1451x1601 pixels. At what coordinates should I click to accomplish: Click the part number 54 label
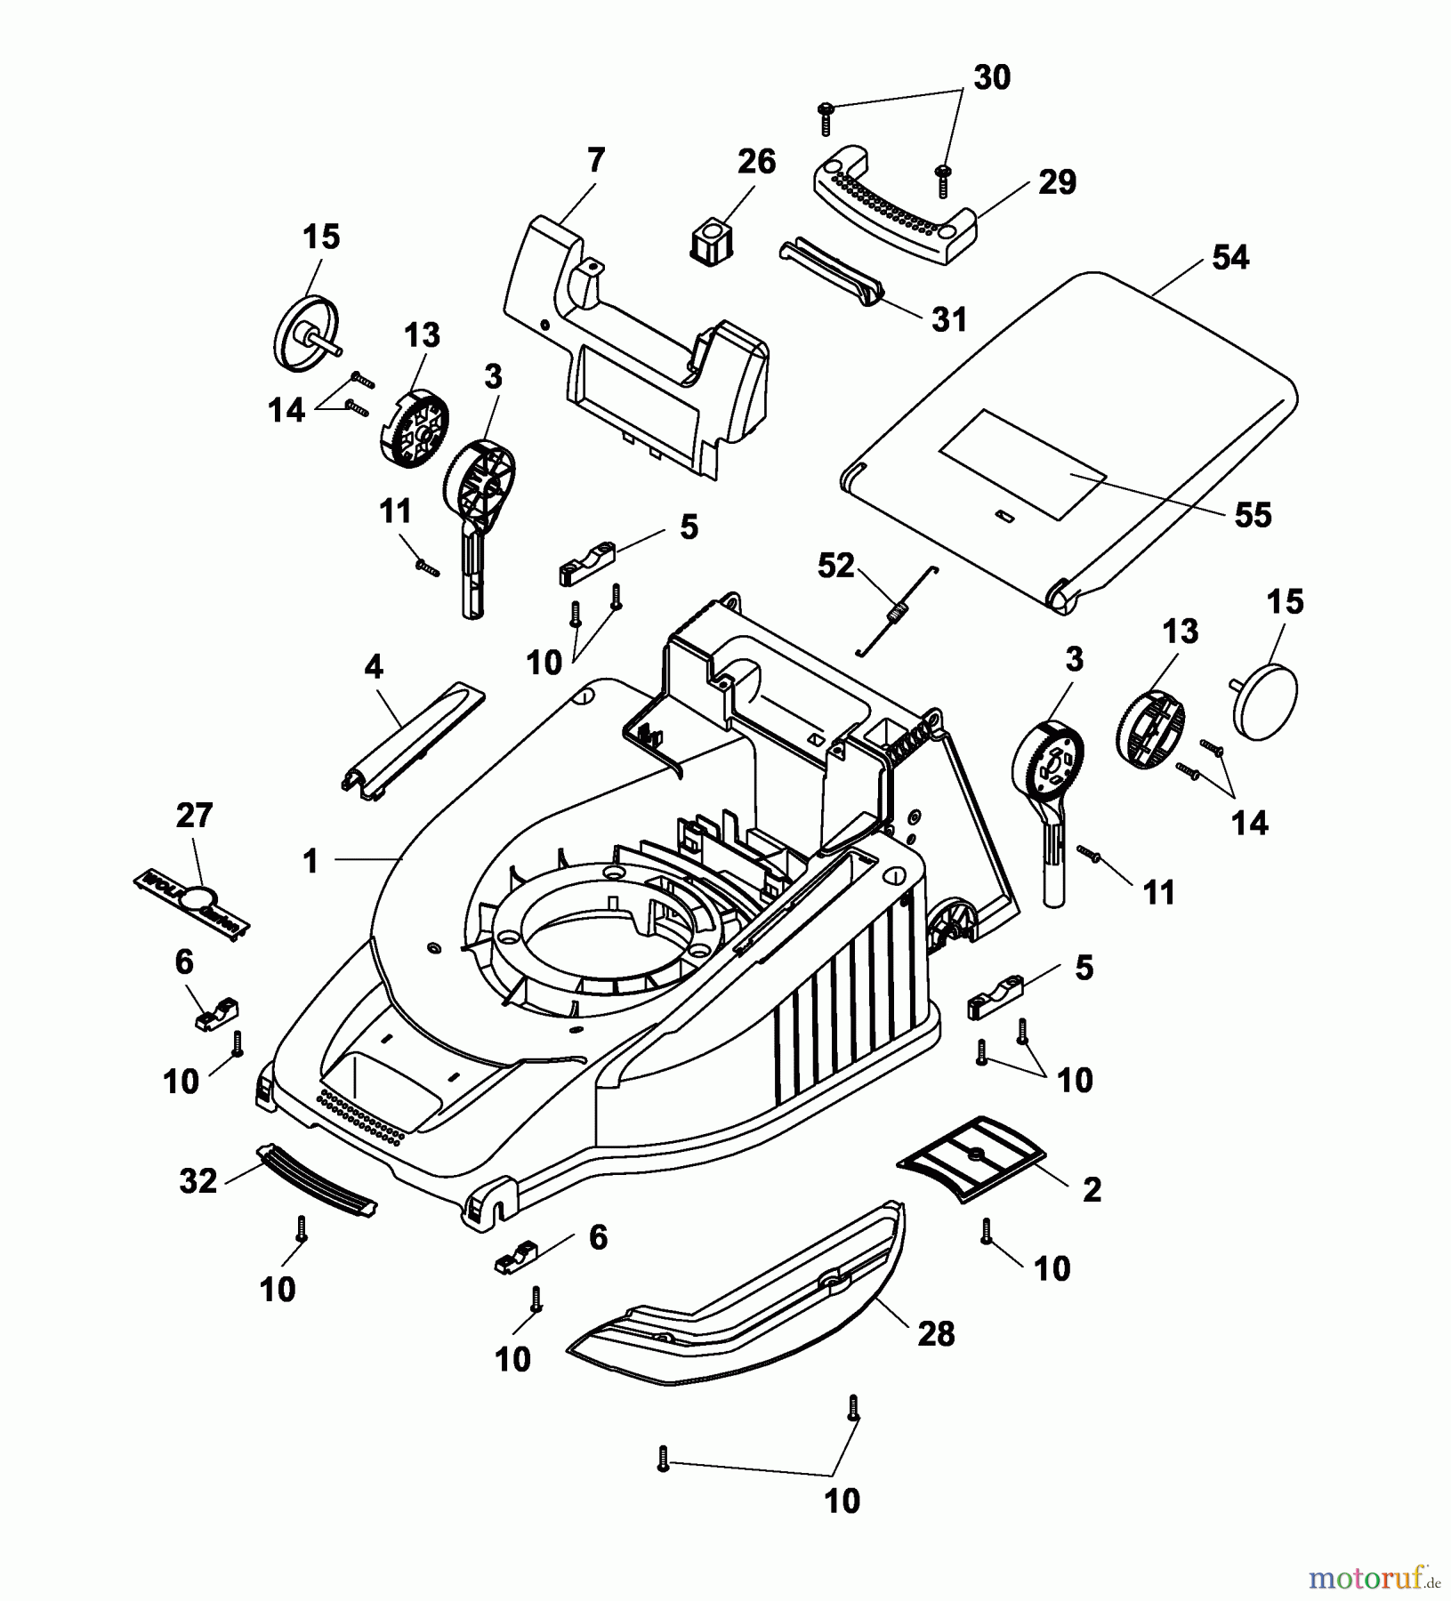pos(1230,258)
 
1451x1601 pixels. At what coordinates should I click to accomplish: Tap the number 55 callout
pos(1253,515)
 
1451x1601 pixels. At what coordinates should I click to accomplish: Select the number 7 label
pos(595,161)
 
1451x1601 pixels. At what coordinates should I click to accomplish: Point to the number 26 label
pos(756,162)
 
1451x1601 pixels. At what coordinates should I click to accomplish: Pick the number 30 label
pos(992,78)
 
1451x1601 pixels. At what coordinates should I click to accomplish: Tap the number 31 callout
pos(948,319)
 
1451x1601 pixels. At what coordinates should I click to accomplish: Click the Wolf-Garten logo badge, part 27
pos(191,904)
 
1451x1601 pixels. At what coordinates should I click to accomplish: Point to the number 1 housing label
pos(310,861)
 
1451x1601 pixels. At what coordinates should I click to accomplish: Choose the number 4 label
pos(374,667)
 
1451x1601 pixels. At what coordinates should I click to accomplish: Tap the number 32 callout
pos(197,1181)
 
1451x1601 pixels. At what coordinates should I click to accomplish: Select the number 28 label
pos(936,1334)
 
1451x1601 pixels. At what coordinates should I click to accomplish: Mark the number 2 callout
pos(1092,1189)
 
